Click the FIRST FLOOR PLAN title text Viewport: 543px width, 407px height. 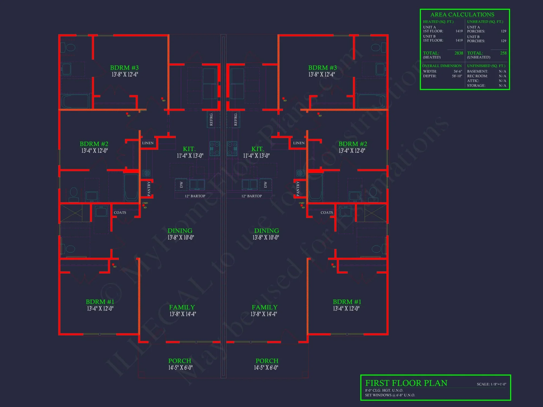pos(406,383)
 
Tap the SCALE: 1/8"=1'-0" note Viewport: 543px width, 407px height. pos(491,384)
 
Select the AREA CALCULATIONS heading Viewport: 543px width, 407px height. pos(462,15)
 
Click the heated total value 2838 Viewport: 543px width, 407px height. pos(459,53)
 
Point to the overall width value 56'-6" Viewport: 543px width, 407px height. pos(457,71)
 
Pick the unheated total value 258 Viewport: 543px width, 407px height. pos(503,53)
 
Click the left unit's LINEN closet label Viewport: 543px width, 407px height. pos(148,143)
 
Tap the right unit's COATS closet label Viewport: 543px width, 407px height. pos(327,213)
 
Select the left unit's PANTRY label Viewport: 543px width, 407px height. pos(149,189)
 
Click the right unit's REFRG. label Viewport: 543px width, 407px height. pos(235,119)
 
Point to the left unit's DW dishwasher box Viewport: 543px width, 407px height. pos(181,185)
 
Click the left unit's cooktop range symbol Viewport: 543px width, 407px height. pos(214,148)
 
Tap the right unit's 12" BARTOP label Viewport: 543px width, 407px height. pos(251,196)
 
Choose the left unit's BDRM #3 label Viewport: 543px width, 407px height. pos(124,68)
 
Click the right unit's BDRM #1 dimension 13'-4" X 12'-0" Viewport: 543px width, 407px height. pos(346,309)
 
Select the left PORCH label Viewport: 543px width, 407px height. pos(180,361)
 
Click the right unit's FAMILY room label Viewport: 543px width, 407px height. pos(264,307)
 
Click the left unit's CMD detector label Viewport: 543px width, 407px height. pos(145,203)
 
